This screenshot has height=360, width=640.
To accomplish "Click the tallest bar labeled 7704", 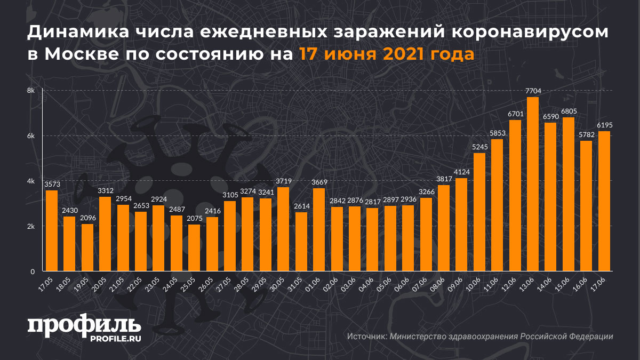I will click(x=532, y=184).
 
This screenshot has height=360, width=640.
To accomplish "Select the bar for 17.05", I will click(x=52, y=231).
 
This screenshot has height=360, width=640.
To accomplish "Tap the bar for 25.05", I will click(x=194, y=247).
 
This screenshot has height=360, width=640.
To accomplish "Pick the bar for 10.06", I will click(x=479, y=212).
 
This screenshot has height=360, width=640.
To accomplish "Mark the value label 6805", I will click(x=568, y=112).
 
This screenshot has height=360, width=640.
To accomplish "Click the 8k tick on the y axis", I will click(x=31, y=91).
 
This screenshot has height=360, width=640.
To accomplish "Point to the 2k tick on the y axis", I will click(x=31, y=226).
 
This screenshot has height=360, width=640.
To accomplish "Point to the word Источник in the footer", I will click(x=366, y=337).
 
